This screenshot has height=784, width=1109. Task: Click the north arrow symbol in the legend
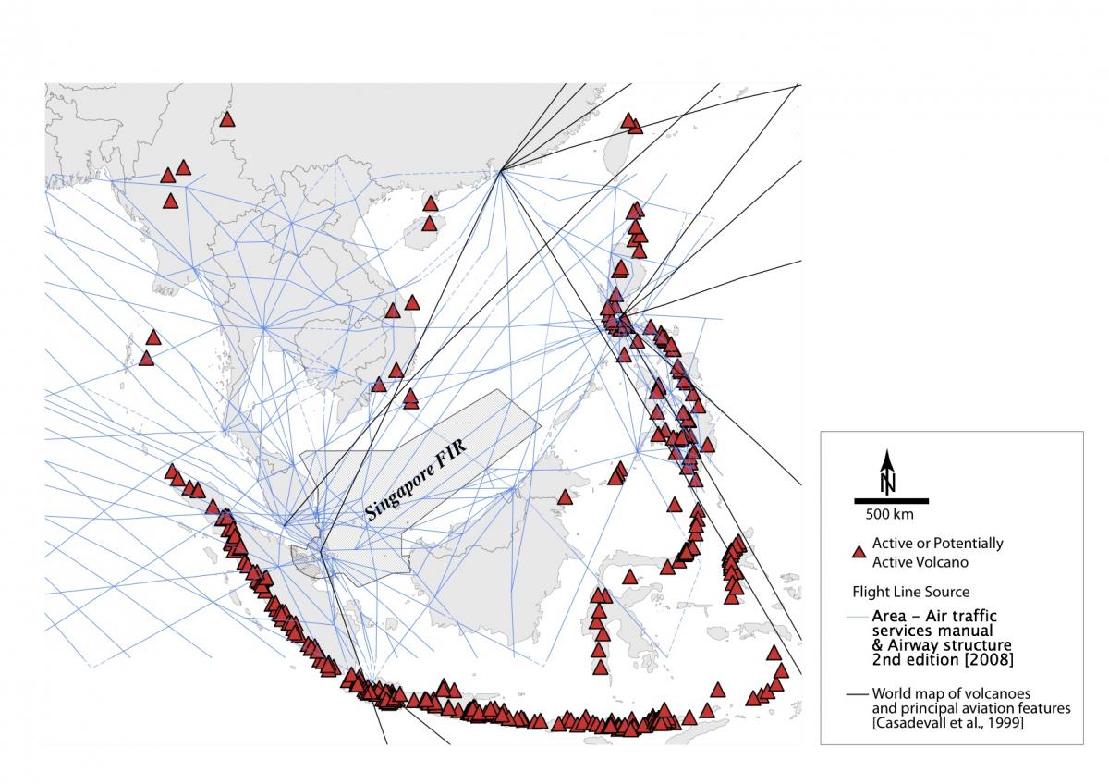(x=887, y=470)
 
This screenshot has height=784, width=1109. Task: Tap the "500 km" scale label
(x=889, y=513)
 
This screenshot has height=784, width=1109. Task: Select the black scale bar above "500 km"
(x=889, y=501)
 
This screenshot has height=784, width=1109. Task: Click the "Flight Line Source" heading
(x=910, y=591)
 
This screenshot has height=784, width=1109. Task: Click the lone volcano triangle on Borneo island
(x=564, y=497)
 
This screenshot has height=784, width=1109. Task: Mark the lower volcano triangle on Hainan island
(x=429, y=223)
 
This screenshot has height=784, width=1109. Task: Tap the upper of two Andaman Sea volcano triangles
(x=153, y=337)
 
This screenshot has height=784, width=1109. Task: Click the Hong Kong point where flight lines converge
(x=500, y=170)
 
